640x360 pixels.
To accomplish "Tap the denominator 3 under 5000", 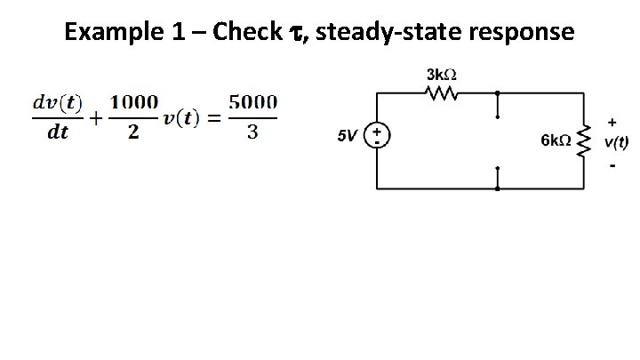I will click(x=253, y=132).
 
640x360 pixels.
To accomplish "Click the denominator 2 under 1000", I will click(x=132, y=132).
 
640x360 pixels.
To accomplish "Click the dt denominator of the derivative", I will click(x=57, y=132).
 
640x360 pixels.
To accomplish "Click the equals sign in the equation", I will click(x=213, y=118).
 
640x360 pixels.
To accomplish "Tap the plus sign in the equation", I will click(x=93, y=118).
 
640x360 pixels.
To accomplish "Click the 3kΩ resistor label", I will click(x=442, y=74).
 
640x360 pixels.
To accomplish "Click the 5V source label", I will click(x=348, y=136).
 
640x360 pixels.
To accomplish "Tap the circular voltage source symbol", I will click(x=377, y=136).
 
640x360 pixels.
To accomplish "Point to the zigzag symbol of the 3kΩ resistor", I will click(x=442, y=92).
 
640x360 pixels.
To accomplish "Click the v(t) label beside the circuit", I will click(x=616, y=141).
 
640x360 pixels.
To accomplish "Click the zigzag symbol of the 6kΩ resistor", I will click(x=584, y=140).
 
